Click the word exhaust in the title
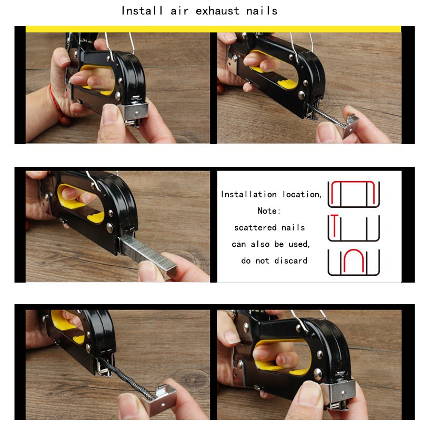(217, 11)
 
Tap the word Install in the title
(142, 11)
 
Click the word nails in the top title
(262, 11)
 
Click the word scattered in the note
(255, 228)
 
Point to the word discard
(291, 260)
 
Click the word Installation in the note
(248, 194)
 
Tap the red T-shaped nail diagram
(334, 225)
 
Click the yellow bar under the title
(213, 29)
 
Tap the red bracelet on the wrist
(55, 105)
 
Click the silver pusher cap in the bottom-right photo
(338, 391)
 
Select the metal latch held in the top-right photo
(350, 126)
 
